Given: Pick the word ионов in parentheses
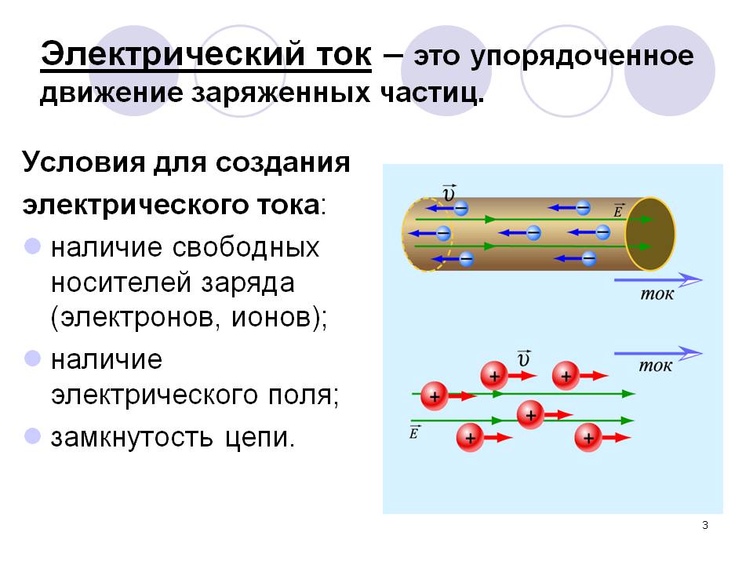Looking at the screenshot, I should (267, 319).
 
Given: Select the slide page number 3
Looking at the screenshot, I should (705, 525).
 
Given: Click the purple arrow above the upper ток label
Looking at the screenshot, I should (657, 279).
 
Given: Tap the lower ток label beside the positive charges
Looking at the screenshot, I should (656, 366).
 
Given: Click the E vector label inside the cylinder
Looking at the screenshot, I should (619, 210).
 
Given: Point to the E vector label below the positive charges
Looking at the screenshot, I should (414, 431).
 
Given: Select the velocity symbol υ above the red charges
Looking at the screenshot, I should (525, 358).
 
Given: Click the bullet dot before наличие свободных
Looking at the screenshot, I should (33, 247).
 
